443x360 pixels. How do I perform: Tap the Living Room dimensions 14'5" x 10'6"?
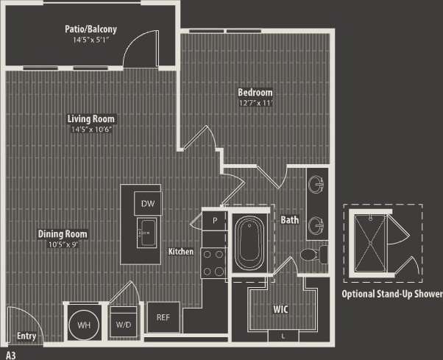(x=91, y=129)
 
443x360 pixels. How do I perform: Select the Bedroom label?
(x=255, y=93)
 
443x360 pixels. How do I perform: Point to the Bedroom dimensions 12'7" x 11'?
(x=255, y=103)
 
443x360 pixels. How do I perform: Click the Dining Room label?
(x=63, y=234)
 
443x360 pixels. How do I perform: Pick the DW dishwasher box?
(x=147, y=203)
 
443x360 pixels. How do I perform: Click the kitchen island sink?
(x=146, y=235)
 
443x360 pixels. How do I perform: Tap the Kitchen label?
(x=181, y=252)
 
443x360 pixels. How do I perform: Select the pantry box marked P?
(x=216, y=220)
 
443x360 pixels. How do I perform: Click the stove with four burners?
(x=214, y=263)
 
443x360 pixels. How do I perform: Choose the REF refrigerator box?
(x=163, y=317)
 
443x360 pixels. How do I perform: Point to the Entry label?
(x=26, y=336)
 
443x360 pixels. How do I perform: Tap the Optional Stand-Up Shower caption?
(x=391, y=294)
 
